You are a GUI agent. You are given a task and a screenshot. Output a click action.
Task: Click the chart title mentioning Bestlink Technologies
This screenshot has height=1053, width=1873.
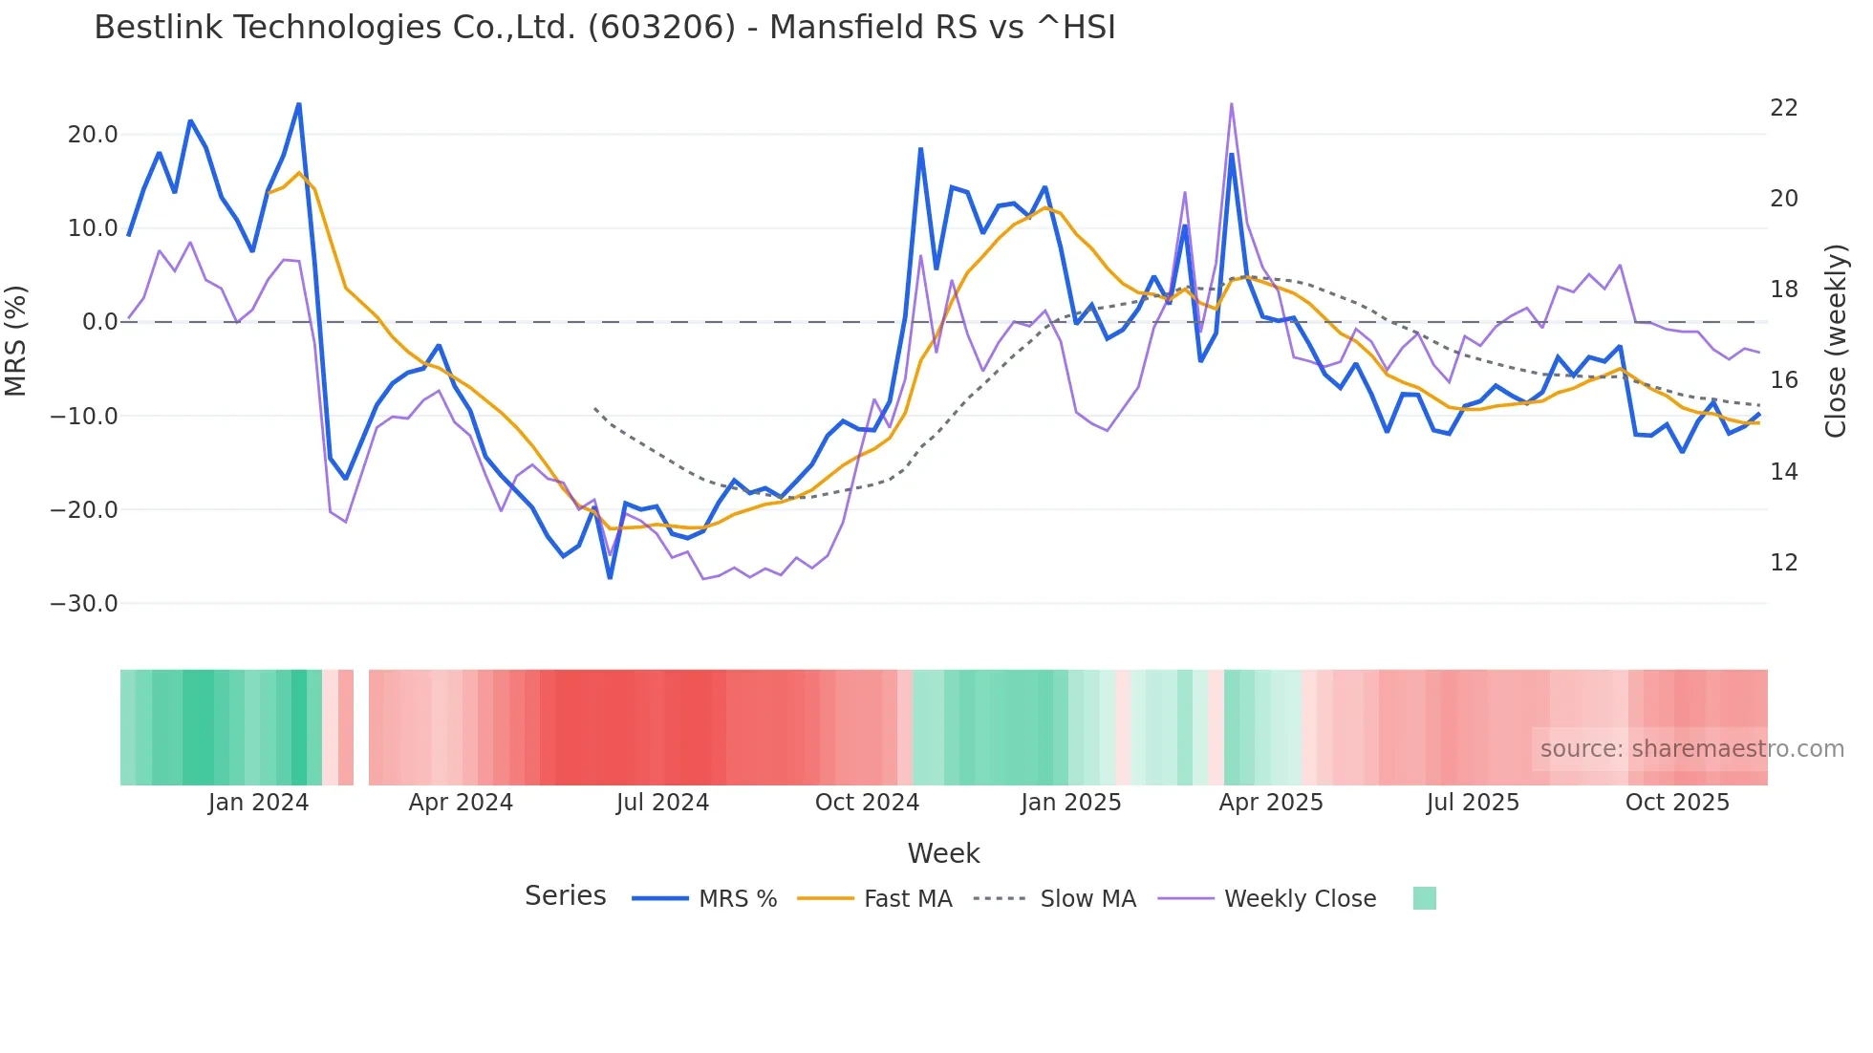click(604, 28)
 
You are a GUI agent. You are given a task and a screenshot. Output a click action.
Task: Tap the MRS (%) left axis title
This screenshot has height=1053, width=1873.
click(16, 341)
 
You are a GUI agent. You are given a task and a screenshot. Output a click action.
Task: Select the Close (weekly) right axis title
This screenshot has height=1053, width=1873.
click(1836, 341)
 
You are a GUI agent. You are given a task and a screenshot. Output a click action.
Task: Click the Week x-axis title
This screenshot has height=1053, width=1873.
click(943, 853)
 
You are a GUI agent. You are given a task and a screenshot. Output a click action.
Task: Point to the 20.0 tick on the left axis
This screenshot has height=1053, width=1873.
click(93, 135)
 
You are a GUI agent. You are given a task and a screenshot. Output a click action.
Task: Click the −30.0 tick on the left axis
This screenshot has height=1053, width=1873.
click(84, 604)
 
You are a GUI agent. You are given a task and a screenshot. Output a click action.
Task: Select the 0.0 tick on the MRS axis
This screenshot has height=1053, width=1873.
click(99, 322)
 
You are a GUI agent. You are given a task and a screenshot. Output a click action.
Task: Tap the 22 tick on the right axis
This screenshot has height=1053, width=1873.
click(1784, 108)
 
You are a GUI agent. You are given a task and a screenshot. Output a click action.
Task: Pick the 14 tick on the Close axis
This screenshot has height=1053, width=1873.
click(1784, 472)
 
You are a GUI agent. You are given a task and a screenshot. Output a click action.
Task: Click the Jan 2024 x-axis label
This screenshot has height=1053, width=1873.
click(258, 803)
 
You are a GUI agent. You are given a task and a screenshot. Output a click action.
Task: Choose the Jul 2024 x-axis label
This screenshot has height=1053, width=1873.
click(662, 803)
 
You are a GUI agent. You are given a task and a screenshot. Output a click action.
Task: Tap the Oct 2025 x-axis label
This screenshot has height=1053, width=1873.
click(1677, 803)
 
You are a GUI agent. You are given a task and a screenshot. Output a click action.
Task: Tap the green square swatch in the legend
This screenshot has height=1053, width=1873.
click(1424, 898)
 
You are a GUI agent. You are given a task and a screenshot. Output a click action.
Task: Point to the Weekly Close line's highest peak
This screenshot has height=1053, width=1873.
click(1232, 103)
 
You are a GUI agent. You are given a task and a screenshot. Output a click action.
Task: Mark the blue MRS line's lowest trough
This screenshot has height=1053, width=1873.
click(610, 577)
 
